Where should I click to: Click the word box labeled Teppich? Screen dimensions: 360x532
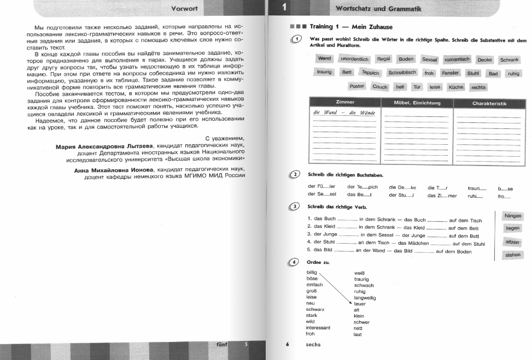click(370, 73)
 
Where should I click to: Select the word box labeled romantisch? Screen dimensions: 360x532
click(458, 59)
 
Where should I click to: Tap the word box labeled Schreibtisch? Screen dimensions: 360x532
click(402, 72)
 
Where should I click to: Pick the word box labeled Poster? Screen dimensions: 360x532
click(356, 86)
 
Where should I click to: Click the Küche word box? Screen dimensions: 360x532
click(455, 87)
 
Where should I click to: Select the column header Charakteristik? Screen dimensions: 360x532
click(489, 103)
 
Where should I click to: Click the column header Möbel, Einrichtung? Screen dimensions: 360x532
click(417, 103)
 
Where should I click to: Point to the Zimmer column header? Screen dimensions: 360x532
click(344, 102)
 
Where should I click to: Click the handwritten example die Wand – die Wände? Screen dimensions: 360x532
click(344, 113)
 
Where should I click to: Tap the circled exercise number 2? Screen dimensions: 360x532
click(296, 174)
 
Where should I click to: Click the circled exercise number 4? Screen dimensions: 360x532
click(296, 262)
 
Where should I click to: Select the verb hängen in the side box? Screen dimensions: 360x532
click(513, 216)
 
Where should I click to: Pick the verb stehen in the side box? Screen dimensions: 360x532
click(513, 255)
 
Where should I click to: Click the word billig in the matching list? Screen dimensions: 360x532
click(312, 272)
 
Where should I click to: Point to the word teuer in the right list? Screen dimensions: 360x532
click(360, 304)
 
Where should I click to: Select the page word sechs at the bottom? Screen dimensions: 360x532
click(313, 345)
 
